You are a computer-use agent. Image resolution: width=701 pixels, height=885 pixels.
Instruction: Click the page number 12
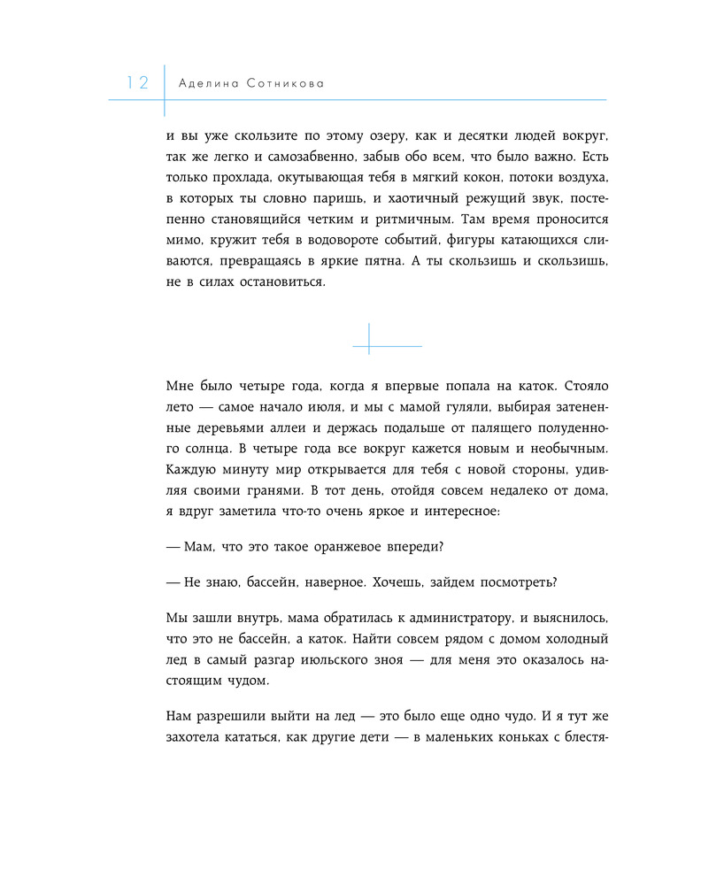pos(137,83)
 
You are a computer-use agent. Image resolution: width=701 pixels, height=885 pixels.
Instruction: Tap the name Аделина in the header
pos(209,83)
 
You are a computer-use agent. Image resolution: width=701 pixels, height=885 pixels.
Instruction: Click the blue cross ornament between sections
pos(369,339)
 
